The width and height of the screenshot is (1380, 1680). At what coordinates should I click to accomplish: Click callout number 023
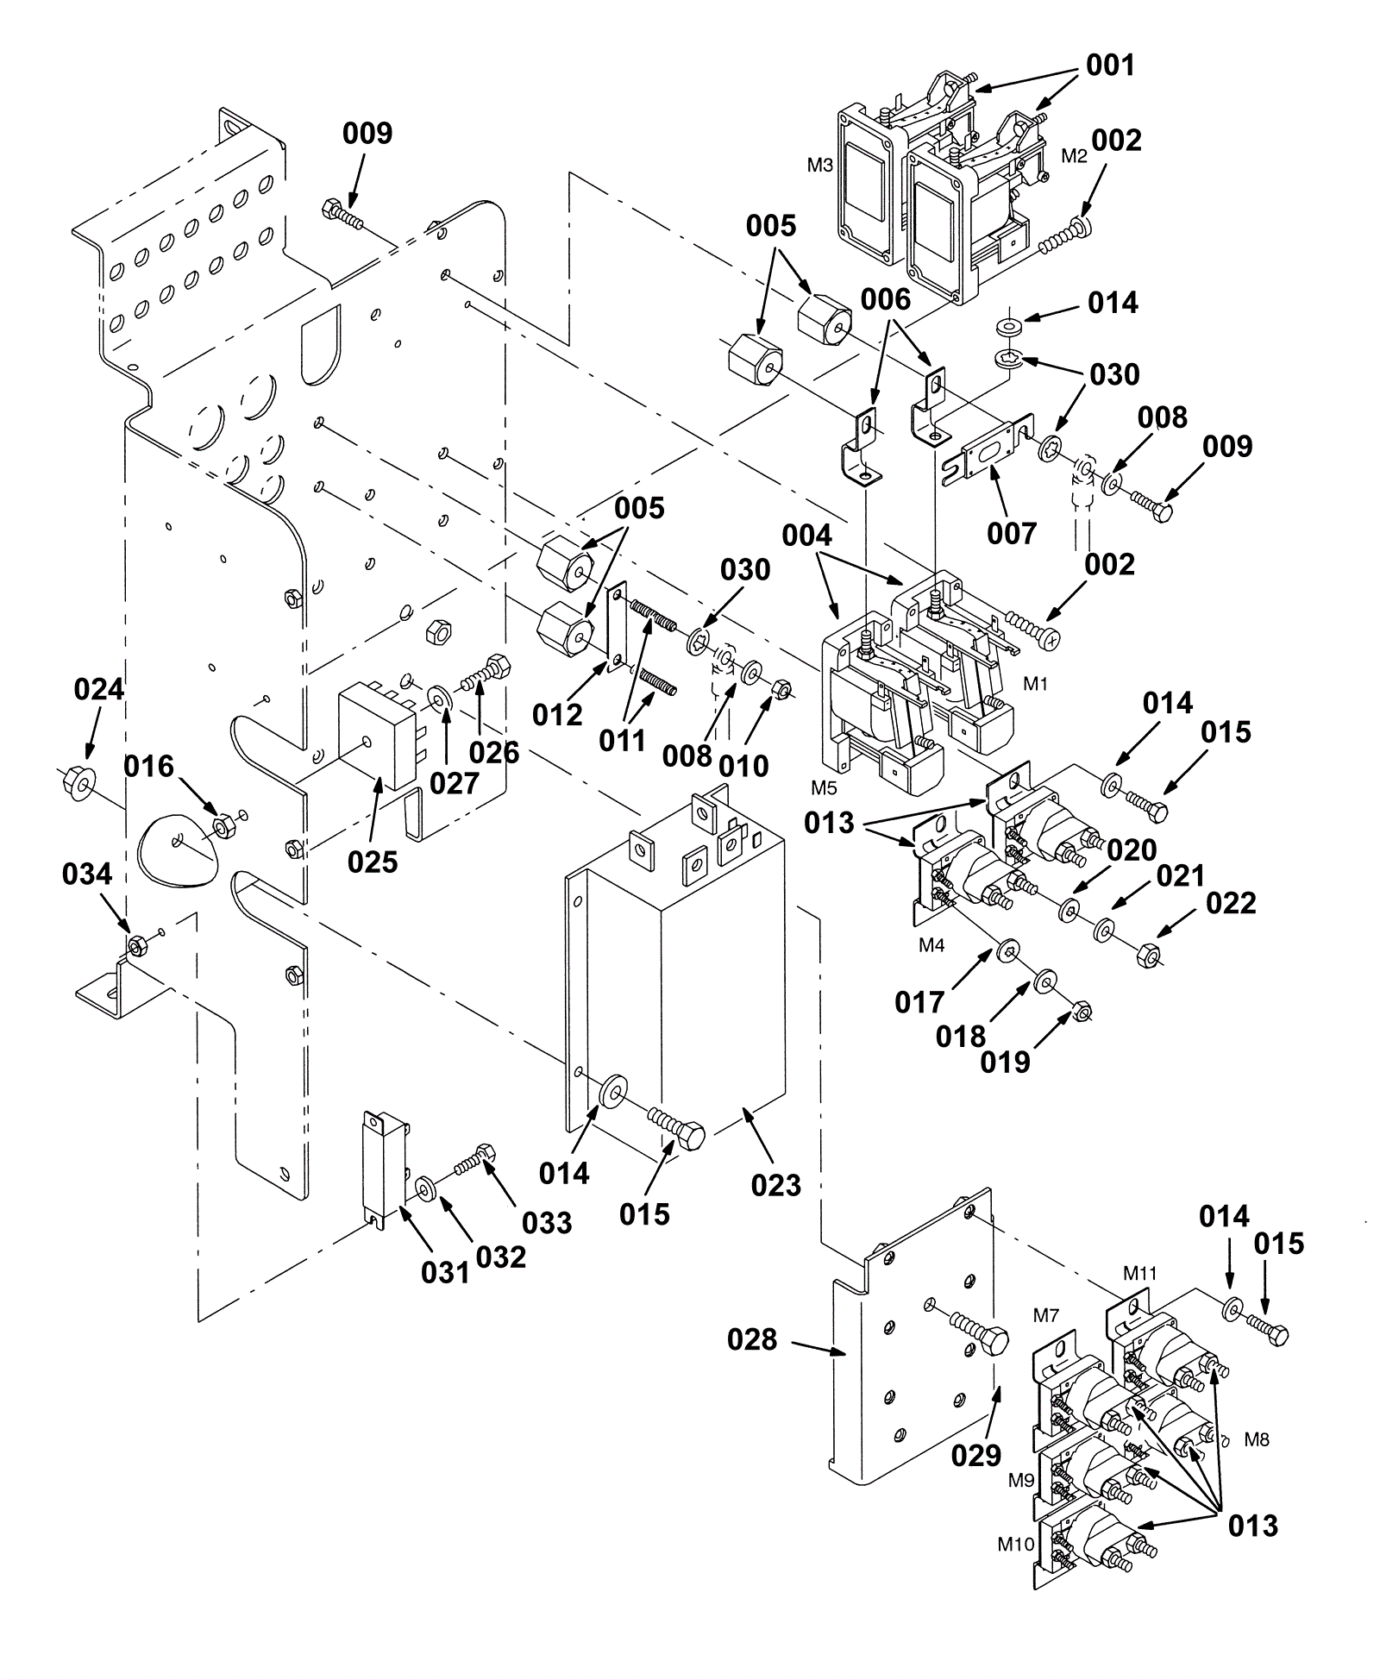(776, 1185)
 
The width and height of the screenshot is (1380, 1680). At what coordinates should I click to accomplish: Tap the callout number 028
(752, 1339)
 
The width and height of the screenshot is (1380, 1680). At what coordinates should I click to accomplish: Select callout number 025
(373, 862)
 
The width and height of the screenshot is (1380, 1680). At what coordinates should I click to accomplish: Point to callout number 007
(1012, 534)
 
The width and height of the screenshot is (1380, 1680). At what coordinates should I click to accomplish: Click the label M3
(820, 166)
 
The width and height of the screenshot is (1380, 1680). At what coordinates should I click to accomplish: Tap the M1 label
(1036, 684)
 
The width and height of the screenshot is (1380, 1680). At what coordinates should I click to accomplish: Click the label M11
(1140, 1273)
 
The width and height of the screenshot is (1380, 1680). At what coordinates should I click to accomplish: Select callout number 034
(87, 874)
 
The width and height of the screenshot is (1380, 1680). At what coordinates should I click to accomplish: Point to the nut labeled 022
(1149, 956)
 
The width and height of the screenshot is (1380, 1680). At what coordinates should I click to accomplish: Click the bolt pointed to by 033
(474, 1158)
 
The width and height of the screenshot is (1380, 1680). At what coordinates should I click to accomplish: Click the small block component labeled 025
(382, 736)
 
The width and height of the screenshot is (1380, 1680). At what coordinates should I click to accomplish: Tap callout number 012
(557, 715)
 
